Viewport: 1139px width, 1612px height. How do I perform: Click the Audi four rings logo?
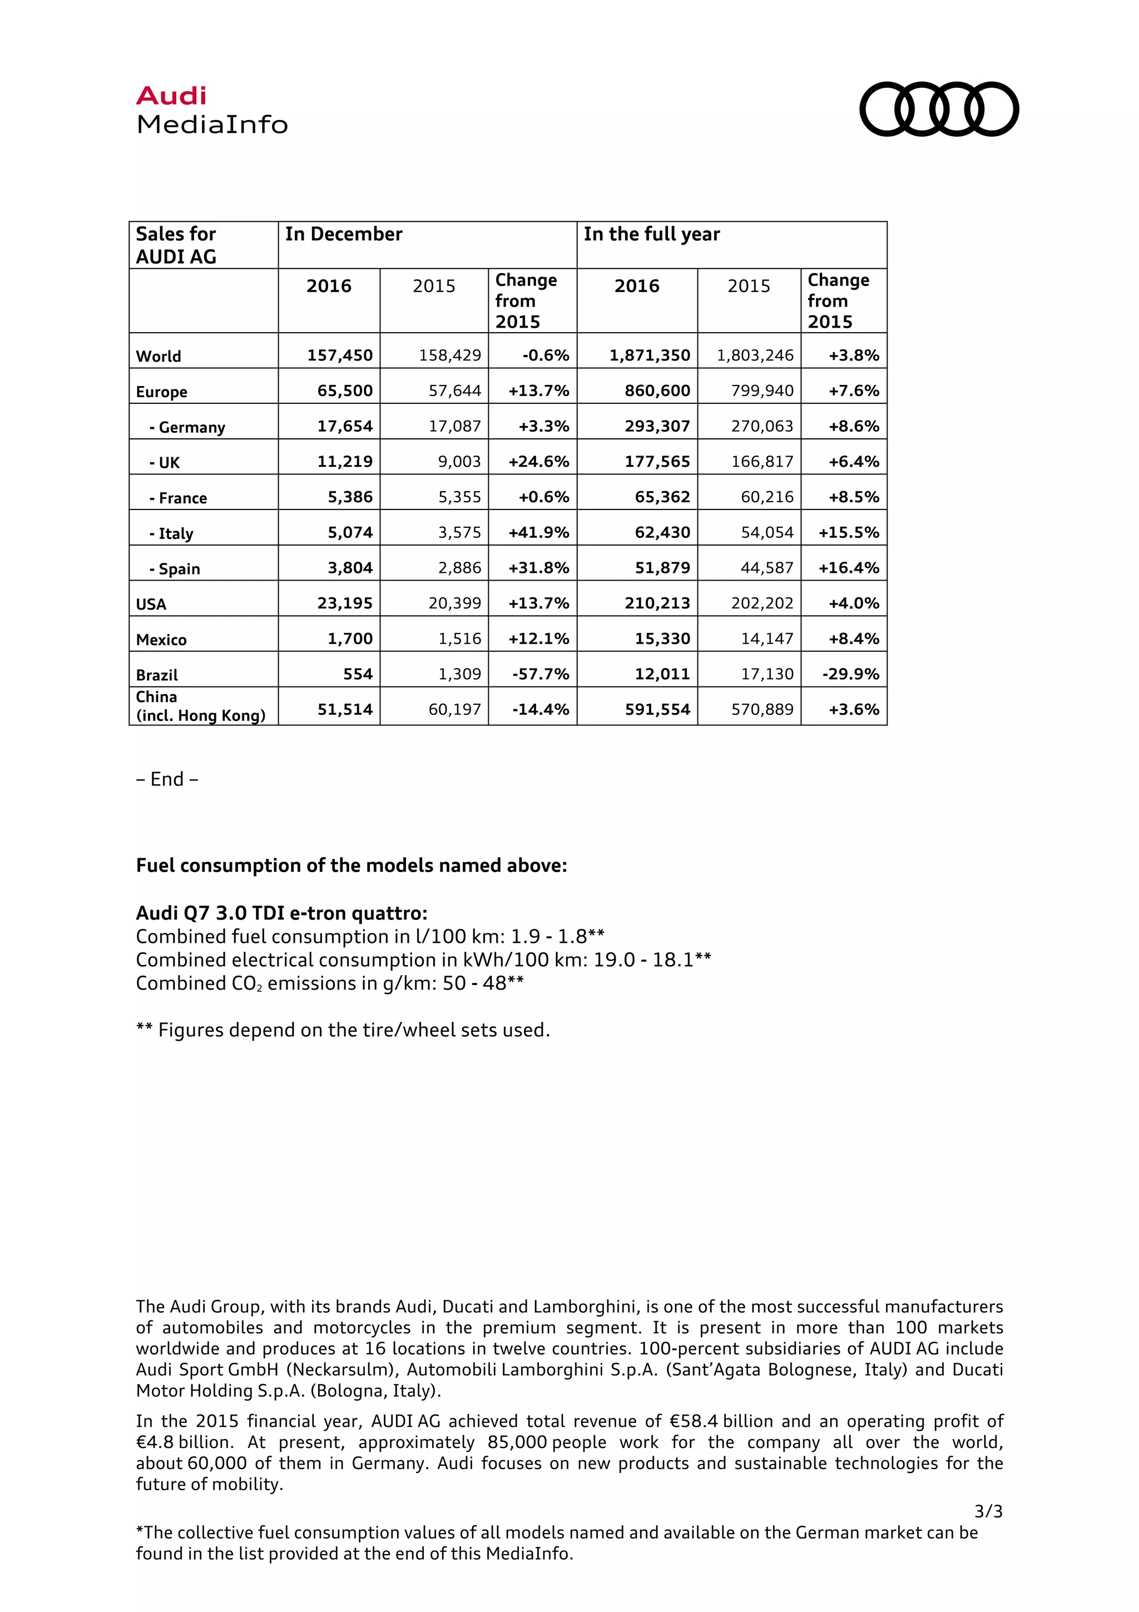[x=938, y=109]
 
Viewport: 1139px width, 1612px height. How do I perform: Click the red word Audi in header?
[x=171, y=96]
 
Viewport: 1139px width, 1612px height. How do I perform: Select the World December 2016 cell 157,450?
[x=340, y=355]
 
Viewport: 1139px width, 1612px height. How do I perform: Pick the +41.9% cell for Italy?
[x=538, y=532]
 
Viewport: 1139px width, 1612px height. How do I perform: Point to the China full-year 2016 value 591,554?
[x=657, y=709]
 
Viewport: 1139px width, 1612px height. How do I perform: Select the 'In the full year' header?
[x=651, y=235]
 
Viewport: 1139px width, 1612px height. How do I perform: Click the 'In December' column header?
[x=343, y=235]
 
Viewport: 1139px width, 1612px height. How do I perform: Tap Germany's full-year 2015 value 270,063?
[x=761, y=426]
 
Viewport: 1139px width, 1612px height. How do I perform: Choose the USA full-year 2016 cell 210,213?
[x=657, y=603]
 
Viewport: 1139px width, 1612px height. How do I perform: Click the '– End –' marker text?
[x=167, y=779]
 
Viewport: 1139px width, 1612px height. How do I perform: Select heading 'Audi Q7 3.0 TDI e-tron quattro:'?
[x=281, y=913]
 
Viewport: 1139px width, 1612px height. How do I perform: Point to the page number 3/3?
[x=988, y=1531]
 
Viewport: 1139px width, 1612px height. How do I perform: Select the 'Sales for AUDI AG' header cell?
[x=176, y=245]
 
